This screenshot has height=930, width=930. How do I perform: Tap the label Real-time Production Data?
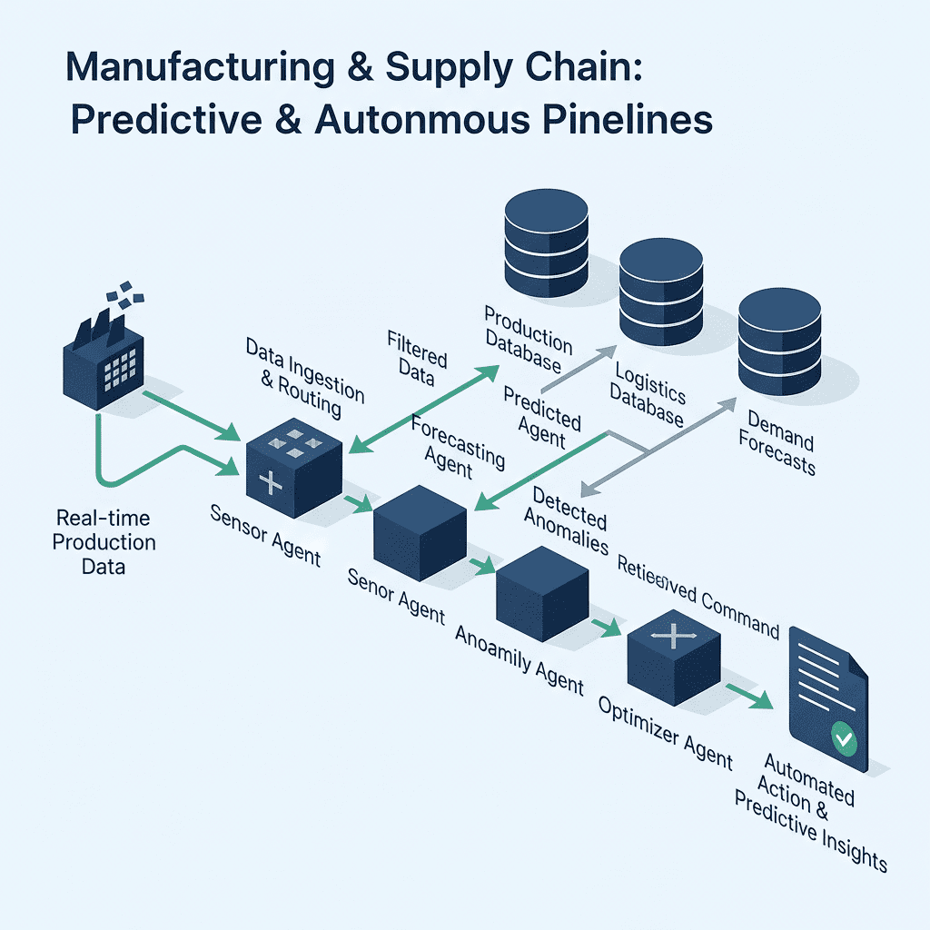104,542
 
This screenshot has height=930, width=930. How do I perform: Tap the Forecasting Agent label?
457,446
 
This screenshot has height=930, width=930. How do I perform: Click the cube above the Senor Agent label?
420,532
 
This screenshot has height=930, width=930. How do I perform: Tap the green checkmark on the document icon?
845,741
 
